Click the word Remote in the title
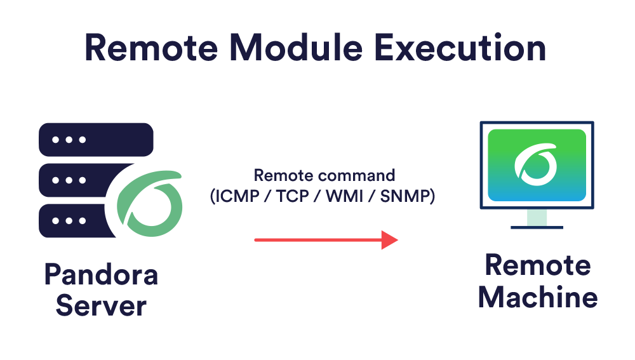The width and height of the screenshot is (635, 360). click(x=151, y=48)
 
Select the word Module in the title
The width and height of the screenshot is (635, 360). click(x=296, y=48)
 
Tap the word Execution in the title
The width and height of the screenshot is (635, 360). click(x=460, y=48)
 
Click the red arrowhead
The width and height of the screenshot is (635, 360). click(x=390, y=240)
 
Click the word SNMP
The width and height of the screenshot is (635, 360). click(x=405, y=196)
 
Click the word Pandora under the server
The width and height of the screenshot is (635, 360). click(x=101, y=274)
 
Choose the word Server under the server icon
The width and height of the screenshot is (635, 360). click(x=101, y=306)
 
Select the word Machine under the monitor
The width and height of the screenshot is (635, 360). click(x=538, y=297)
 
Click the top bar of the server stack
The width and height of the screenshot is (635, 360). click(x=96, y=140)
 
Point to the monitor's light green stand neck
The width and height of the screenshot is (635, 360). click(x=537, y=217)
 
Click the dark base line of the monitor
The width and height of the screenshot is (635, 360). click(x=537, y=227)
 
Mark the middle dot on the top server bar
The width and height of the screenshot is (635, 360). click(x=69, y=140)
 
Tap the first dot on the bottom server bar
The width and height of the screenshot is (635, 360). click(x=56, y=221)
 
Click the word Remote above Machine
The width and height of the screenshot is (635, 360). click(x=538, y=265)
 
